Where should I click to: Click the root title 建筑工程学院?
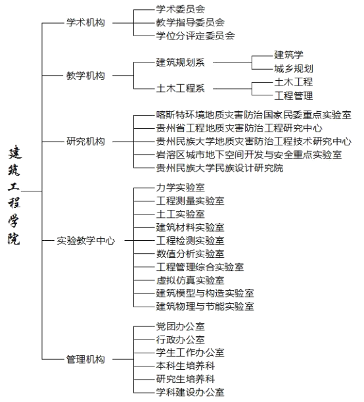tap(14, 195)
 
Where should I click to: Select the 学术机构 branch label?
tap(85, 22)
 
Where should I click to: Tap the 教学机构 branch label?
tap(85, 76)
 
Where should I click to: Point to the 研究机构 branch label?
tap(85, 141)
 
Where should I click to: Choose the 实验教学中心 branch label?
tap(86, 241)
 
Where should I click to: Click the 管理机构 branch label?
tap(85, 359)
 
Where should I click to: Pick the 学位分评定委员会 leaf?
tap(195, 36)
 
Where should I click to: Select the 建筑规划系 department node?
tap(181, 63)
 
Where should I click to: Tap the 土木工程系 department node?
tap(181, 89)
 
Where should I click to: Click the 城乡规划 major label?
tap(294, 68)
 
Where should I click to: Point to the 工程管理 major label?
tap(294, 96)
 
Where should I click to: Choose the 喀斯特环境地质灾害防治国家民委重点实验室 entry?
tap(254, 115)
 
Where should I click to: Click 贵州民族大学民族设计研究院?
tap(219, 168)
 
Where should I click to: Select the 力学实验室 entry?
tap(181, 188)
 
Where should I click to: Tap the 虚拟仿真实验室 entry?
tap(190, 280)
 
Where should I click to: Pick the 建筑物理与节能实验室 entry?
tap(205, 307)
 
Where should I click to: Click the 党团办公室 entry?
tap(181, 326)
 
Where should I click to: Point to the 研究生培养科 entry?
tap(185, 379)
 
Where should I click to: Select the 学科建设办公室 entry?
tap(190, 392)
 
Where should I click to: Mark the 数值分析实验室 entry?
tap(190, 254)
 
